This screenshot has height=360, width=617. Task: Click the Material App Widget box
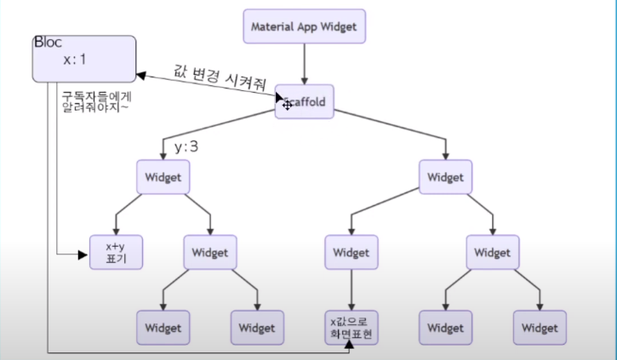tap(307, 26)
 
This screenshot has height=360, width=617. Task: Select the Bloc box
tap(84, 59)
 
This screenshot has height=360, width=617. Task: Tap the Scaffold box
tap(304, 103)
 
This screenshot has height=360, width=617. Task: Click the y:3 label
tap(186, 146)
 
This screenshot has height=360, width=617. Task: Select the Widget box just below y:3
tap(163, 177)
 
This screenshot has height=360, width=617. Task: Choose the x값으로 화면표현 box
tap(351, 327)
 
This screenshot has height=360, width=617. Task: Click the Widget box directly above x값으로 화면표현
tap(351, 253)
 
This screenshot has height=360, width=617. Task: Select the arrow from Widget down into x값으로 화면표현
tap(351, 289)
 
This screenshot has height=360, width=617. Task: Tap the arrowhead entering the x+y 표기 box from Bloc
tap(84, 253)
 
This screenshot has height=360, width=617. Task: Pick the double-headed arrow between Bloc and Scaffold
tap(209, 88)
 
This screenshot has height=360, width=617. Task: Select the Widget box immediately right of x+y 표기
tap(210, 253)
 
